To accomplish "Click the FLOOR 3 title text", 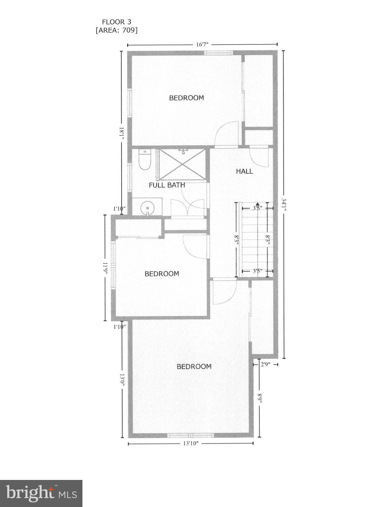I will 116,22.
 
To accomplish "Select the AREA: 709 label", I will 116,30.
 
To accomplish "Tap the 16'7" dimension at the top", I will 202,45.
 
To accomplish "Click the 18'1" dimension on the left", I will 122,133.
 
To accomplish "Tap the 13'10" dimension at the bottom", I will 191,443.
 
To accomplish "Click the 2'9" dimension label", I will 265,364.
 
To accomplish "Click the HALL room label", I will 245,171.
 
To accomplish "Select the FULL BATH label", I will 167,185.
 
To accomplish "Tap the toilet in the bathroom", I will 144,160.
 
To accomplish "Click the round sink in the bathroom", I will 147,208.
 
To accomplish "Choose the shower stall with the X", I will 182,164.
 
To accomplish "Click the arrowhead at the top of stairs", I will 257,205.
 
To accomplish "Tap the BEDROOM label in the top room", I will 187,98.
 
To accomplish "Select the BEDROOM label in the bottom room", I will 194,366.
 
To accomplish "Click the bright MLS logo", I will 41,493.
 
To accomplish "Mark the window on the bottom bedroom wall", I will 191,435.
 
